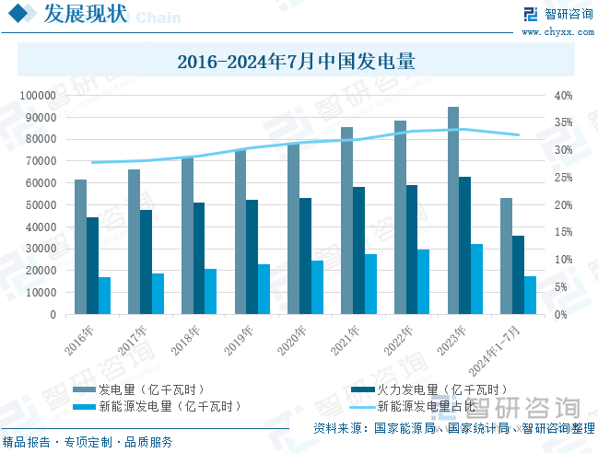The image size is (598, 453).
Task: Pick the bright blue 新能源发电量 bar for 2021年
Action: pyautogui.click(x=370, y=284)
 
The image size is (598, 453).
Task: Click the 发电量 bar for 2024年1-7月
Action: pyautogui.click(x=506, y=256)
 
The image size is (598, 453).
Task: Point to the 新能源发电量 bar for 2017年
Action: pyautogui.click(x=158, y=293)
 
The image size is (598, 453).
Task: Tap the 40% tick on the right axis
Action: pyautogui.click(x=564, y=95)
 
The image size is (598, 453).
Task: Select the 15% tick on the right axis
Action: pyautogui.click(x=564, y=232)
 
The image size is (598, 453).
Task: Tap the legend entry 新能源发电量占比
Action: pyautogui.click(x=427, y=405)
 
